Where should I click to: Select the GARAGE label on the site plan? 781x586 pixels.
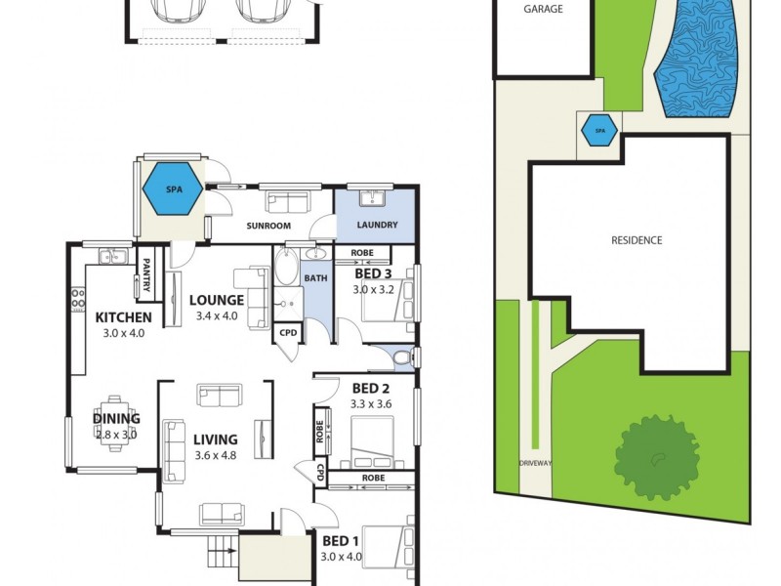point(543,9)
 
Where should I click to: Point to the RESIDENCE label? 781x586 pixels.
point(637,240)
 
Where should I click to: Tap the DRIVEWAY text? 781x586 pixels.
point(536,462)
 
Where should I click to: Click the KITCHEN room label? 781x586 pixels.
point(123,317)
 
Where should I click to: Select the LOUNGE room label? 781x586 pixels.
point(217,300)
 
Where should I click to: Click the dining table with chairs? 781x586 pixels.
point(116,422)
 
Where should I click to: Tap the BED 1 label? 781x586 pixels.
point(341,540)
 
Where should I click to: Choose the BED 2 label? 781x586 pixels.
point(371,387)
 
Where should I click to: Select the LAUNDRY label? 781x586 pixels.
point(376,225)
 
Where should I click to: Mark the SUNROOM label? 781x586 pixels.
point(268,226)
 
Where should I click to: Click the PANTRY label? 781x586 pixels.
point(144,274)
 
